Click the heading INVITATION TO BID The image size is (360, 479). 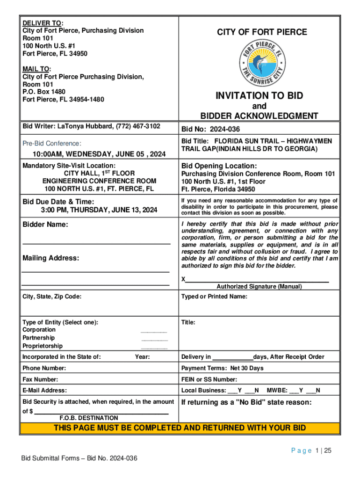pos(259,96)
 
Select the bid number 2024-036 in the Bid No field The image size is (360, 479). pos(222,129)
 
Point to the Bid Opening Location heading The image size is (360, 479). pos(219,166)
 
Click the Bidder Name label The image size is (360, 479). pos(45,225)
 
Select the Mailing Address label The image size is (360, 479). pos(51,258)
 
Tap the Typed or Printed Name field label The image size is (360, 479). pos(214,297)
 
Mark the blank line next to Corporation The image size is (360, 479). pos(154,332)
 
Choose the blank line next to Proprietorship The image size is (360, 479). pos(154,348)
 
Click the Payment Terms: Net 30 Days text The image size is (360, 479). pos(223,368)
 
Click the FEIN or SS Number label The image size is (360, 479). pos(209,379)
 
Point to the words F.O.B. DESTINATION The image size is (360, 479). pos(88,418)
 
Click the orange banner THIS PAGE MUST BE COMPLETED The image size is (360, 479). pos(180,428)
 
